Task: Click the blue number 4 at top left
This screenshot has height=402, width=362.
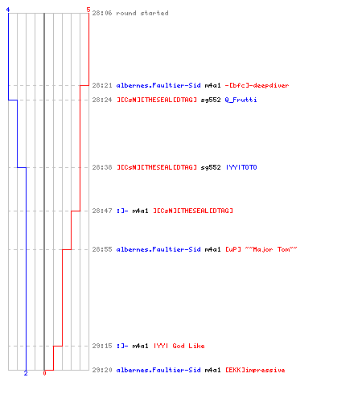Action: click(8, 10)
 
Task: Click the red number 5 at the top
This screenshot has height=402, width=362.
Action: click(88, 10)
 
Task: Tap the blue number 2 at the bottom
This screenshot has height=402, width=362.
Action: click(26, 373)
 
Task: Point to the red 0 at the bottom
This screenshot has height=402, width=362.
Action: click(44, 373)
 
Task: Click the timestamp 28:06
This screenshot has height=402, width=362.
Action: click(102, 13)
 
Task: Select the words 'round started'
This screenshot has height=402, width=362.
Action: click(142, 13)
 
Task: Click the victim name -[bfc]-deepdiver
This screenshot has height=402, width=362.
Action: click(257, 85)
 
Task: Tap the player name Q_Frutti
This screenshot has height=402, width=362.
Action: click(241, 100)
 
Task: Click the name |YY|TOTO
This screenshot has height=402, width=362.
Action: click(241, 167)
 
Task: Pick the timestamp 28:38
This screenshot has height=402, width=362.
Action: click(102, 167)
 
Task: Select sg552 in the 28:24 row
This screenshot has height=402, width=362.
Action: click(211, 100)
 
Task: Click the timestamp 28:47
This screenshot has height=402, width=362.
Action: click(102, 211)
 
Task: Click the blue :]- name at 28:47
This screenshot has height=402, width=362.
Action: click(122, 211)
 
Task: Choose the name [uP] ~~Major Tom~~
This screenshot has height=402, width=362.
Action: click(261, 249)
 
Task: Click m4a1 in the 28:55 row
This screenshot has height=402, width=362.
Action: click(212, 249)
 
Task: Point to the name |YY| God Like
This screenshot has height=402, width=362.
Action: click(179, 346)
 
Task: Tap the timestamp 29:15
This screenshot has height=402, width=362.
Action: click(102, 346)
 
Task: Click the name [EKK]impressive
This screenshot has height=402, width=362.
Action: click(255, 370)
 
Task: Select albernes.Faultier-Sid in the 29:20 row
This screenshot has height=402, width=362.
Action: click(158, 370)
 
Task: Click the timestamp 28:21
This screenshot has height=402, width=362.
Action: click(102, 85)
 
